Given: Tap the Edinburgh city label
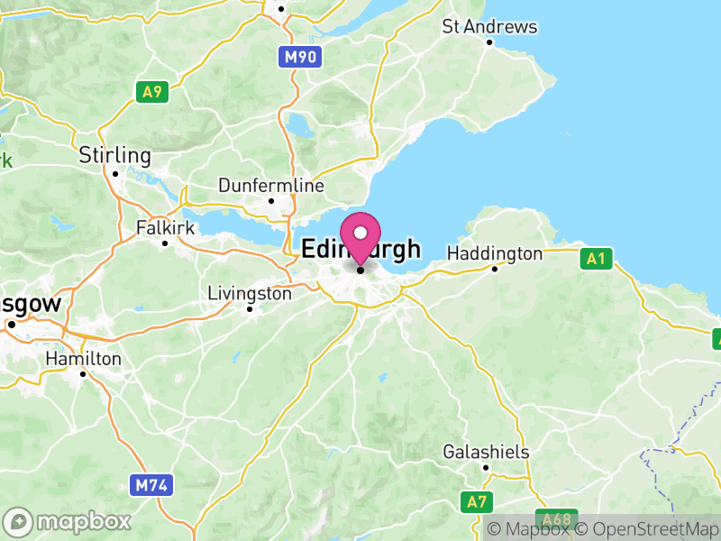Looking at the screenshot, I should tap(360, 249).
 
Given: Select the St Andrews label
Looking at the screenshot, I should tap(489, 26).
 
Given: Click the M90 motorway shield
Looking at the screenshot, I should tap(300, 58).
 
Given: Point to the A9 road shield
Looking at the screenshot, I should tap(151, 91).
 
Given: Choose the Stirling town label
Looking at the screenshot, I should tap(114, 154).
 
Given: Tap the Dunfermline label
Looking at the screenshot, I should tap(270, 186).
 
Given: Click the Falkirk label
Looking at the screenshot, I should tap(165, 227).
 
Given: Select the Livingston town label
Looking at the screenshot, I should tap(250, 293).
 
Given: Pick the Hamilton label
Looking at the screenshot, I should tap(83, 358).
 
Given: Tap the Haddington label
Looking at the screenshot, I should tap(495, 253).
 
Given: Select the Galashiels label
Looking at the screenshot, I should tap(486, 452).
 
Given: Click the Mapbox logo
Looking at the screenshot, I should tap(68, 521).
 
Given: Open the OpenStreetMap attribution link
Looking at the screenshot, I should tap(647, 529).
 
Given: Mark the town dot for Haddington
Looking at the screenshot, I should tap(494, 268).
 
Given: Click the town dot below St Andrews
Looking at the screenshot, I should tap(489, 41).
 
